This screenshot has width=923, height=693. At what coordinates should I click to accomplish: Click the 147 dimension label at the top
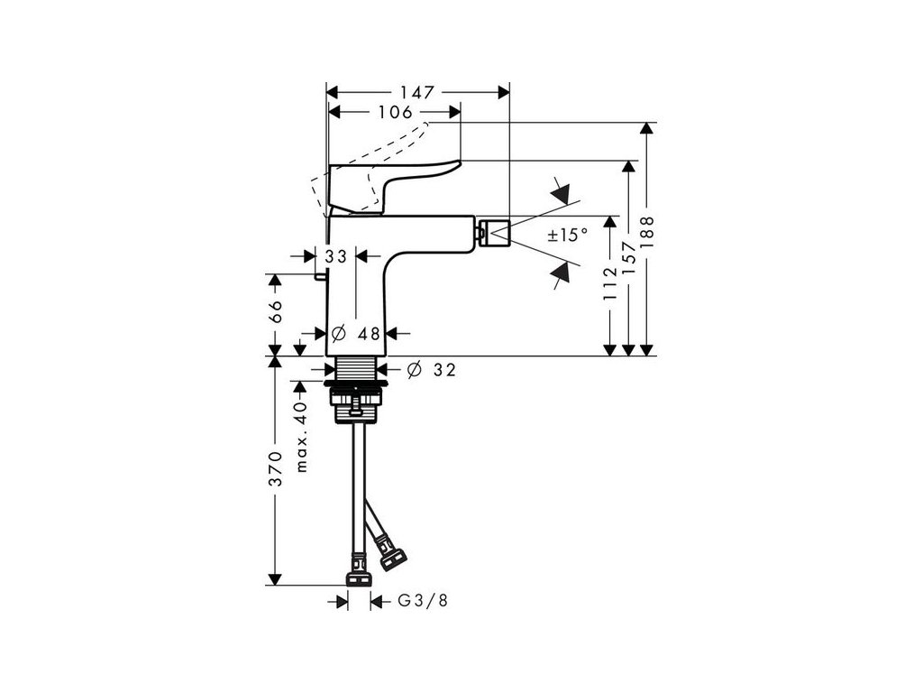[417, 92]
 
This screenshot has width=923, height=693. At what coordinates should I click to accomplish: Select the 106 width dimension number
[394, 112]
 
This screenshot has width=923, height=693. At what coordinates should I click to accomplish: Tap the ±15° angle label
[567, 236]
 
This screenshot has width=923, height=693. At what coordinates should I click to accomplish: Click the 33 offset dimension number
[336, 257]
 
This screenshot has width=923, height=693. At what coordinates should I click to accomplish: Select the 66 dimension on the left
[276, 311]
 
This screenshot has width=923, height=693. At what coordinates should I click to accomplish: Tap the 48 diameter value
[367, 334]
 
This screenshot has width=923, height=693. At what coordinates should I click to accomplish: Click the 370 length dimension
[276, 469]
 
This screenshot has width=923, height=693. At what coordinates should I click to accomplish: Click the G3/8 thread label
[423, 600]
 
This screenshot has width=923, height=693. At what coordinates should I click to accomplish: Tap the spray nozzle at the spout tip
[494, 233]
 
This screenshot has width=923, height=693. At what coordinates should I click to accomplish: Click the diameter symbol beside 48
[336, 334]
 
